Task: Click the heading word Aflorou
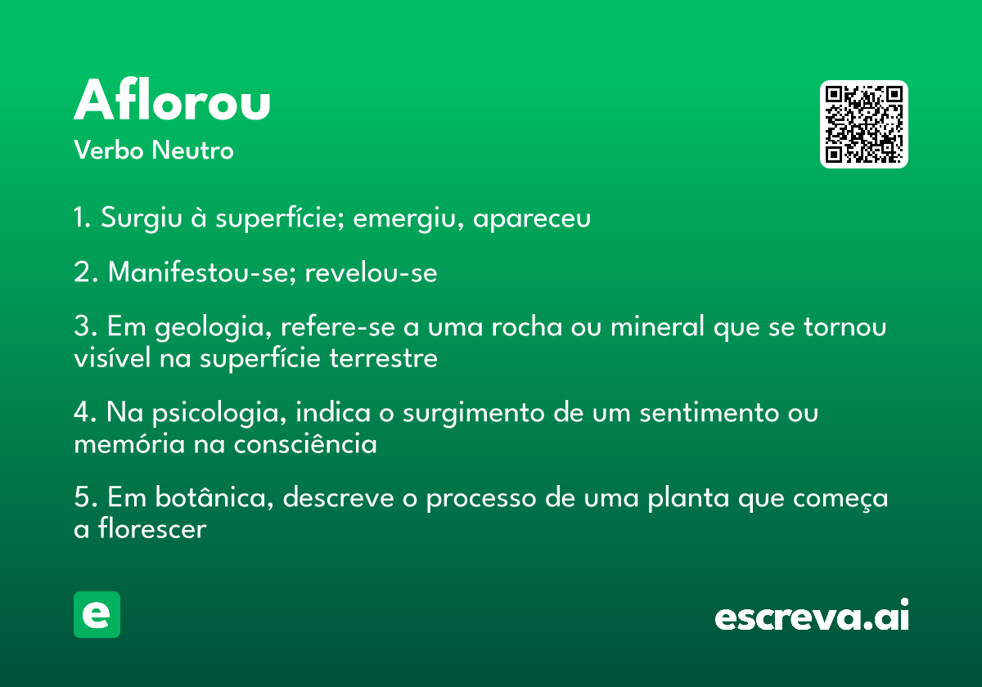coord(172,100)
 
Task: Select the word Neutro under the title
coord(192,150)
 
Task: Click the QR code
coord(863,124)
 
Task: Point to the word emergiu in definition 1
coord(408,218)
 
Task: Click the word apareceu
coord(532,219)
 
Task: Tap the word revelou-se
coord(371,272)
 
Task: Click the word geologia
coord(214,327)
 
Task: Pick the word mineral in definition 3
coord(658,326)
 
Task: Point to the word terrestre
coord(383,358)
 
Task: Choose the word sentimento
coord(709,413)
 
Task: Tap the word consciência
coord(305,443)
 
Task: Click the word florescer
coord(152,528)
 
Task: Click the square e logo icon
coord(97,614)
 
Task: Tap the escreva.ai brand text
coord(812,615)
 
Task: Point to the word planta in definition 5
coord(688,499)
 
